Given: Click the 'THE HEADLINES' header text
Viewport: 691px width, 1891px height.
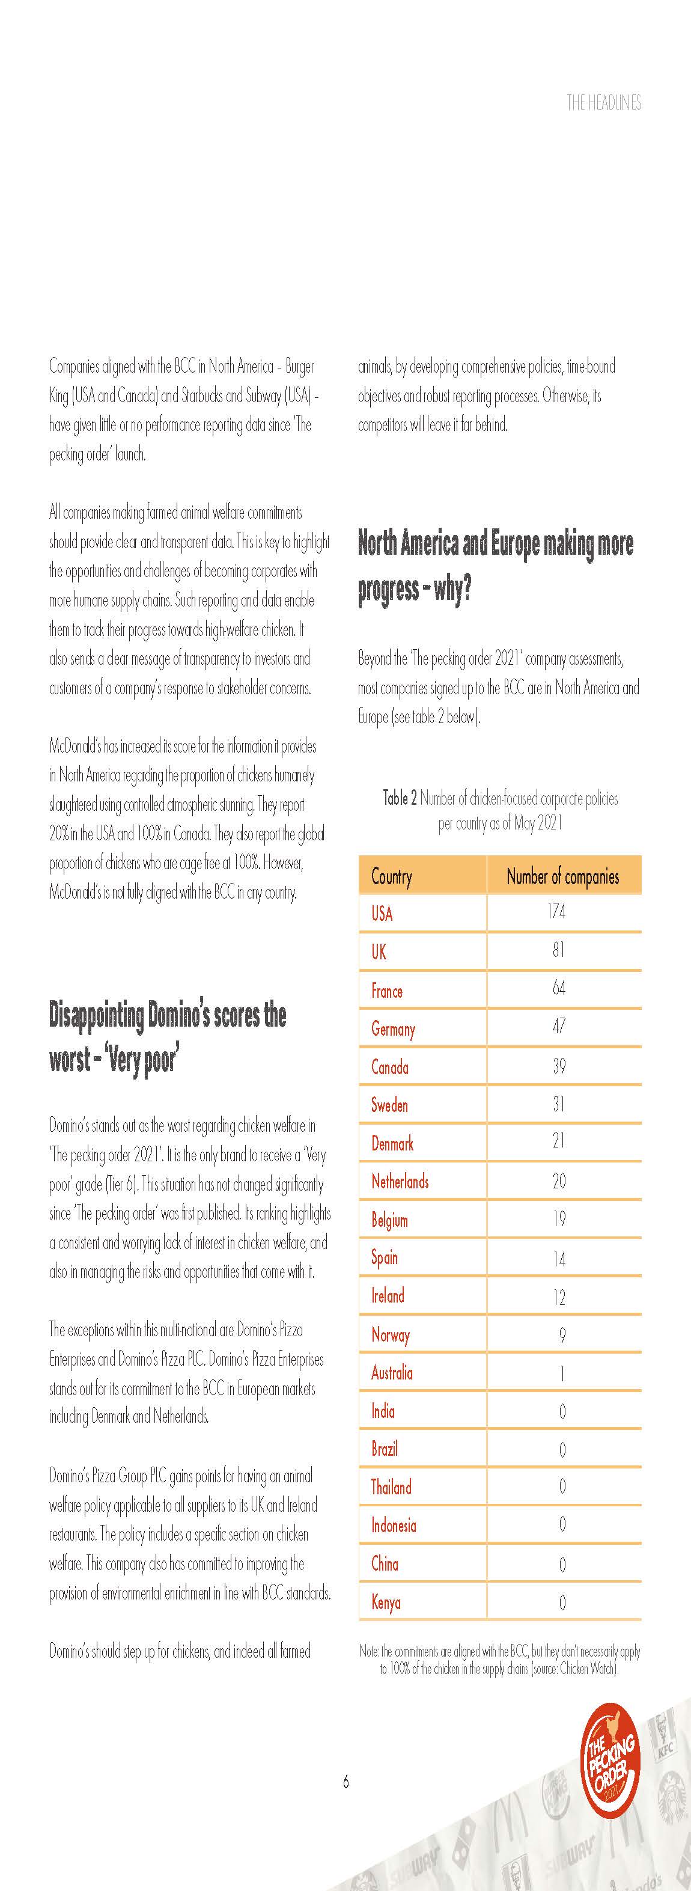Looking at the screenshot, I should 604,103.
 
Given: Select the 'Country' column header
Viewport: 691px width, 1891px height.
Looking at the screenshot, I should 392,876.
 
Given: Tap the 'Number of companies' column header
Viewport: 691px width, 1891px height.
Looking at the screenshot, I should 562,876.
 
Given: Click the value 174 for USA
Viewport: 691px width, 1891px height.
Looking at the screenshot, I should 557,912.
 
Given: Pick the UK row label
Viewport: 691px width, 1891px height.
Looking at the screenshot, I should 379,952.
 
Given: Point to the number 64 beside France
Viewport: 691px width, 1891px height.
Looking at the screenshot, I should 559,988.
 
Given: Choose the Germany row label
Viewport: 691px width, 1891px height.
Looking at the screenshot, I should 393,1029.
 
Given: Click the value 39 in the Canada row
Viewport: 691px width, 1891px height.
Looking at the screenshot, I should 559,1066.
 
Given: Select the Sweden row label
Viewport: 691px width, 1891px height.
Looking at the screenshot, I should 389,1105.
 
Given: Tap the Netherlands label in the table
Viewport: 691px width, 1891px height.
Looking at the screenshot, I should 400,1182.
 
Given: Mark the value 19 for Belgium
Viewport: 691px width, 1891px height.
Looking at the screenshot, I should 559,1220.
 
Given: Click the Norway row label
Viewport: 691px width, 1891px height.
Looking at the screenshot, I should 390,1334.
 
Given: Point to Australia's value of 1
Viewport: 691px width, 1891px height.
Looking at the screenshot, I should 562,1373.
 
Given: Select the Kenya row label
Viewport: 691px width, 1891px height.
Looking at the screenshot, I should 386,1602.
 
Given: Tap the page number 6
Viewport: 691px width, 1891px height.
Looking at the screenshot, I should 345,1782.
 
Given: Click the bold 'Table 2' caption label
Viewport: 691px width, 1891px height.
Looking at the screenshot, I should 400,798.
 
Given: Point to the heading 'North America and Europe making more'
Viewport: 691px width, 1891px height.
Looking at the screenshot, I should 495,544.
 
